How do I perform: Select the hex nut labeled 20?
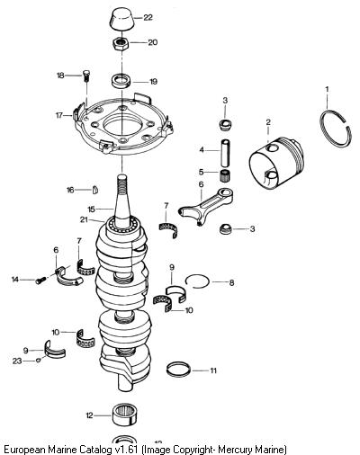pos(121,43)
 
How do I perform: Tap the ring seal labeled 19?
pos(121,81)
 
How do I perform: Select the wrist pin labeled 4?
pos(226,153)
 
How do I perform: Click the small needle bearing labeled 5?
pos(224,175)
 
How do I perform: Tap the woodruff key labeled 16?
pos(95,190)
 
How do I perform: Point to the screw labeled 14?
pos(40,280)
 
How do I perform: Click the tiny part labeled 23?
pos(38,360)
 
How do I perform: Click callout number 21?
pos(84,219)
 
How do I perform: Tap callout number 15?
pos(91,209)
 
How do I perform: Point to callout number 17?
pos(59,115)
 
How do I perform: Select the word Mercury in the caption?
pos(235,450)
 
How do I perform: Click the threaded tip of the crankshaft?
pos(122,182)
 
